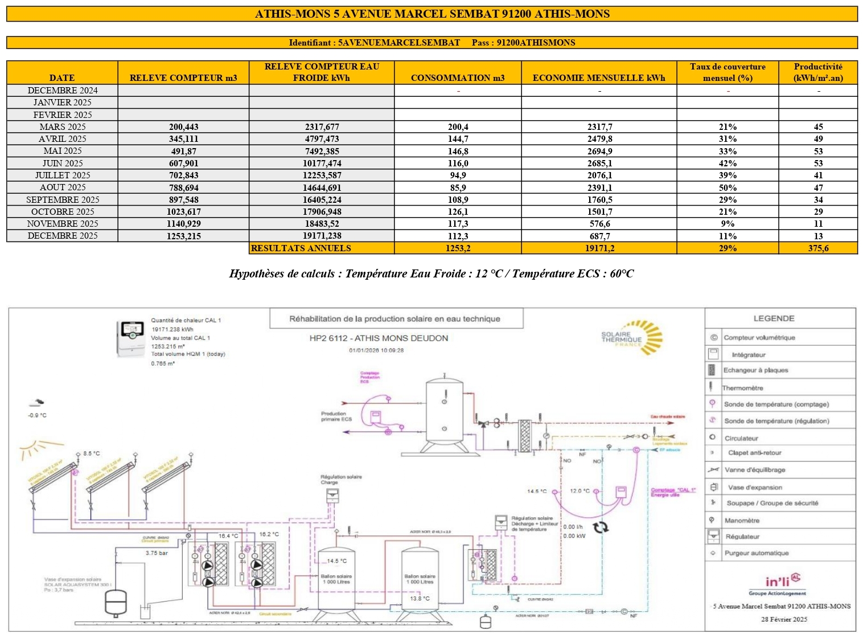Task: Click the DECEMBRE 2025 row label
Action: point(63,236)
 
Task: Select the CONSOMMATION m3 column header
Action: point(458,78)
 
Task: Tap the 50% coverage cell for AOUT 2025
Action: point(728,187)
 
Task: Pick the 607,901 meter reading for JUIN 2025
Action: point(183,163)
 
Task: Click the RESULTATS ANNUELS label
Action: point(301,248)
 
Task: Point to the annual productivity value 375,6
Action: point(818,248)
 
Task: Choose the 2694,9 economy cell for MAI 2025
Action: point(599,151)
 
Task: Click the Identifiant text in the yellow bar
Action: point(374,43)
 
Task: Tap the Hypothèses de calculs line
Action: point(431,274)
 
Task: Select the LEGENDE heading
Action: point(774,318)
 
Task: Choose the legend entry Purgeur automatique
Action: point(756,553)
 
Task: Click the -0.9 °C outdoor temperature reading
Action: point(38,415)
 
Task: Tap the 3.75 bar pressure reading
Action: point(157,553)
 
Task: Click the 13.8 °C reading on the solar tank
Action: point(420,599)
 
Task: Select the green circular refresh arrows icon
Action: point(601,527)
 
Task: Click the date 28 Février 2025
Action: point(784,619)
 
